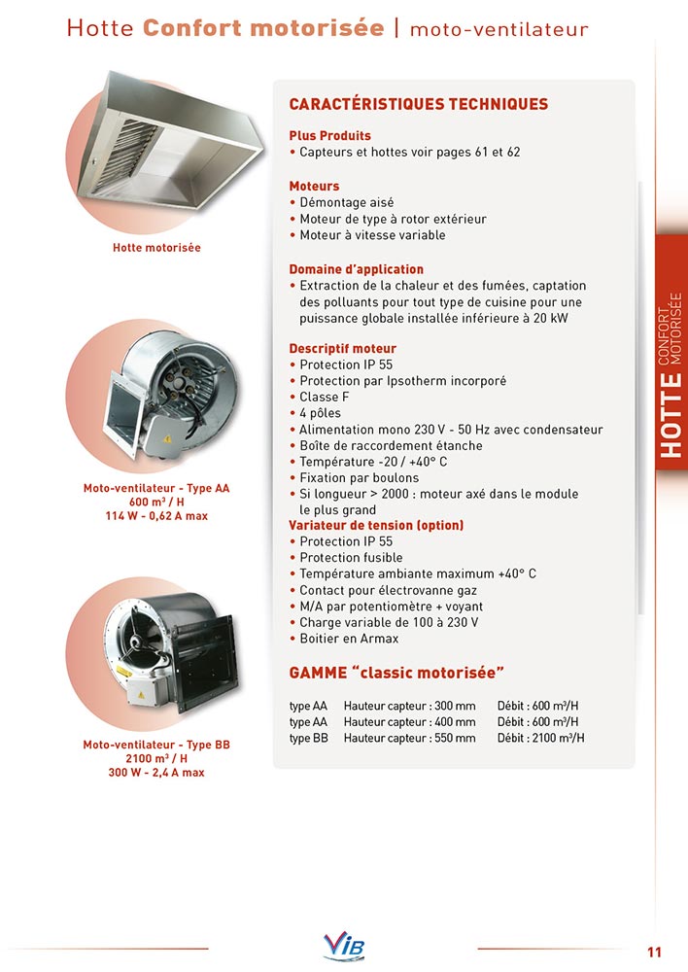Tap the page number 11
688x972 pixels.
[x=654, y=951]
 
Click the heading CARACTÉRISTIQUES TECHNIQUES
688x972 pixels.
[x=419, y=104]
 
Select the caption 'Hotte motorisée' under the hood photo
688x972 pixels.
[x=156, y=248]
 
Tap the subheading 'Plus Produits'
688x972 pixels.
[x=329, y=136]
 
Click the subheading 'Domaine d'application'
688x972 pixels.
[x=356, y=269]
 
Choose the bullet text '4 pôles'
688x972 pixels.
[x=320, y=413]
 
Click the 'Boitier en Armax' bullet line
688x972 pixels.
[x=349, y=639]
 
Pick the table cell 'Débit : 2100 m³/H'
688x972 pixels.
[x=540, y=738]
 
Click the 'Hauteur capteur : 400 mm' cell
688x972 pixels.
[x=409, y=721]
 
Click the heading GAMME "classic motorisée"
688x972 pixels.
[x=398, y=673]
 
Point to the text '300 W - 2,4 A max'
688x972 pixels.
[x=156, y=773]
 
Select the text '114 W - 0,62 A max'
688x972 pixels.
[x=156, y=515]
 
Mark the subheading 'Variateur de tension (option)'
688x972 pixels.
[x=376, y=525]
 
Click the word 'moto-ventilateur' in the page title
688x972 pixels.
[x=499, y=29]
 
